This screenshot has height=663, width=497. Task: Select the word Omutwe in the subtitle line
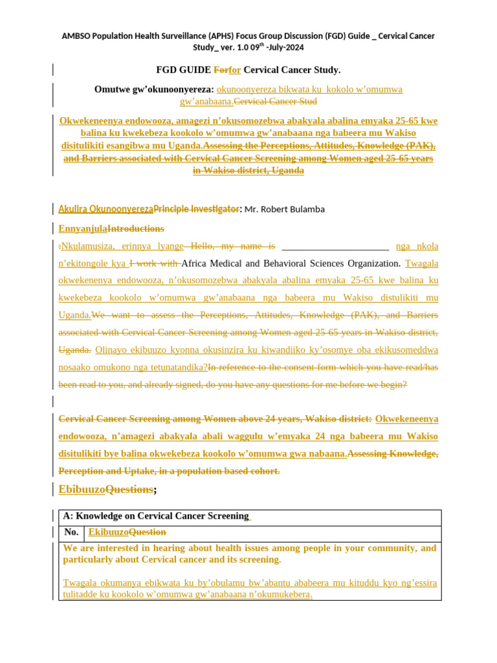coord(113,89)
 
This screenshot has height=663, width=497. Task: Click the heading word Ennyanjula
coord(82,229)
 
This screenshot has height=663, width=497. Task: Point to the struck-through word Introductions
coord(135,229)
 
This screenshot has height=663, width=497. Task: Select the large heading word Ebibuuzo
coord(82,490)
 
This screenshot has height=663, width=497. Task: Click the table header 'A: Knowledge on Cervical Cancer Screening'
coord(155,516)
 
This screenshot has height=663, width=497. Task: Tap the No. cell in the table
coord(71,532)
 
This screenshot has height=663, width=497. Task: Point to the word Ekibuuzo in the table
coord(108,532)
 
